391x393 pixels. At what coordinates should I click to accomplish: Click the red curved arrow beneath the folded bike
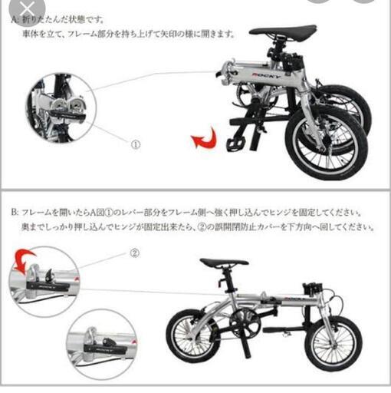pyautogui.click(x=203, y=140)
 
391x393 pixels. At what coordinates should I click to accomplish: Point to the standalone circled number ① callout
pyautogui.click(x=135, y=144)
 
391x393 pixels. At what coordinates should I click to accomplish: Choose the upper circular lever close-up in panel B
pyautogui.click(x=43, y=281)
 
